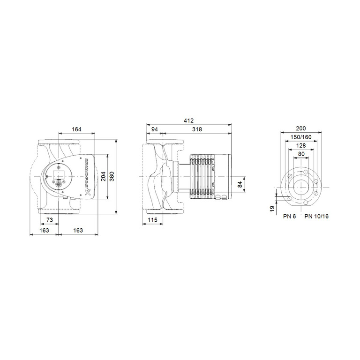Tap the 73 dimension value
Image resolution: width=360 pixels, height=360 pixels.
[50, 220]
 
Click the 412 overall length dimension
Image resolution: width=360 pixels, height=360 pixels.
[189, 120]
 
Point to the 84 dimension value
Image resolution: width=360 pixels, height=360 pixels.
[240, 184]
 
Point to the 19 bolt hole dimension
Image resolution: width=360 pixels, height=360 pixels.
[272, 208]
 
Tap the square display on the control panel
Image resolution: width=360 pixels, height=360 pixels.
[59, 175]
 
